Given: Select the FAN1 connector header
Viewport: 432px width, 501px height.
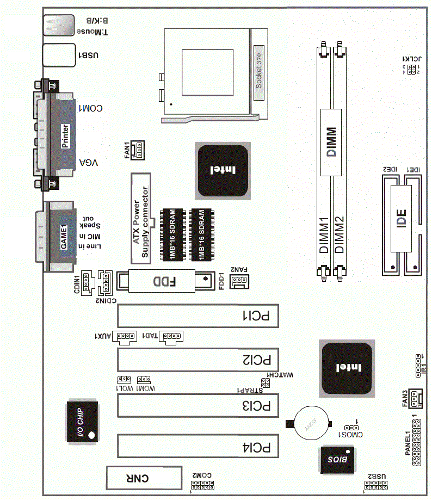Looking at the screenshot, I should click(x=138, y=150).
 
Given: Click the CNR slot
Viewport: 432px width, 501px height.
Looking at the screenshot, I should click(x=144, y=478).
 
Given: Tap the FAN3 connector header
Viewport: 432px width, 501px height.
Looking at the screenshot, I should click(x=416, y=400).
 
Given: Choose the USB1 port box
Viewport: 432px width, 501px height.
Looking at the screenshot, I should click(x=58, y=55).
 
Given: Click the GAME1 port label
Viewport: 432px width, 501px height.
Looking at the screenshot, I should click(x=64, y=237).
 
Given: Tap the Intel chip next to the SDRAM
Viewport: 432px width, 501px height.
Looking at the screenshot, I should click(x=223, y=170).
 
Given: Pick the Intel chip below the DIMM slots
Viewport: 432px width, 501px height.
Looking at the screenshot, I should click(x=347, y=368).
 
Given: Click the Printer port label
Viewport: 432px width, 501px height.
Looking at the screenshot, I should click(x=65, y=136).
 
